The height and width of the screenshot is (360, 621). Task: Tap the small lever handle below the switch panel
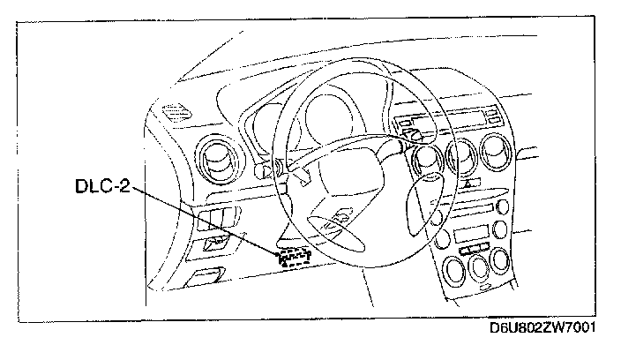206,274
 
